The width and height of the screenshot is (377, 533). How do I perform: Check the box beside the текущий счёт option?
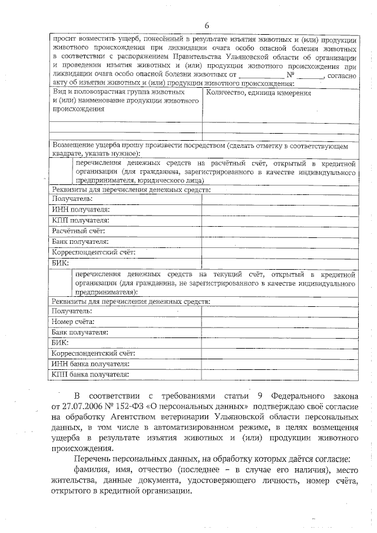pyautogui.click(x=60, y=283)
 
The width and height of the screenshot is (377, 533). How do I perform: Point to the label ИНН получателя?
pyautogui.click(x=81, y=209)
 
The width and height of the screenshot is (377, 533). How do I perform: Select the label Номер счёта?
pyautogui.click(x=73, y=321)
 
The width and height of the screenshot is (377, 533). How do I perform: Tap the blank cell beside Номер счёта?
pyautogui.click(x=279, y=321)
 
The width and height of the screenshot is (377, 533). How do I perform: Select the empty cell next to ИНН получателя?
pyautogui.click(x=279, y=209)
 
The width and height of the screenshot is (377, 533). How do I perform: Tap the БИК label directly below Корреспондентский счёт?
pyautogui.click(x=60, y=262)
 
